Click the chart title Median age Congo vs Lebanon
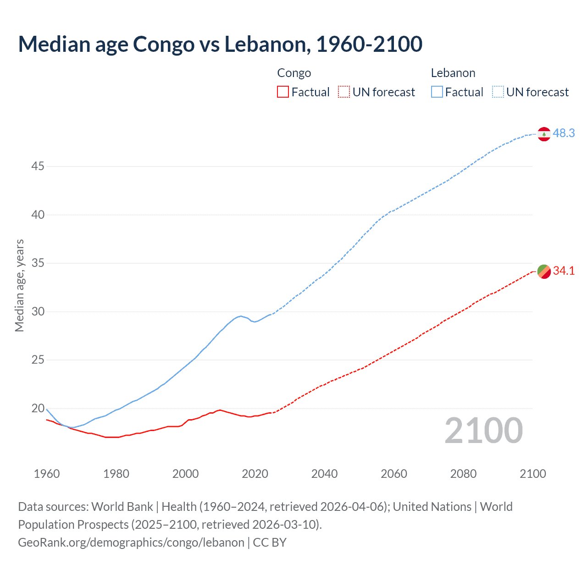click(220, 44)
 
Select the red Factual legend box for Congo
click(283, 92)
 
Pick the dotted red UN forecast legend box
click(344, 92)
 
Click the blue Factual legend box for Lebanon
click(437, 92)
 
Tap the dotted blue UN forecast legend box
click(498, 92)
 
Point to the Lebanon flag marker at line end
click(544, 134)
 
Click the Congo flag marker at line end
click(544, 271)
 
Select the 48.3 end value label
click(564, 133)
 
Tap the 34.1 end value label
click(564, 271)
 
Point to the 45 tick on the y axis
click(38, 166)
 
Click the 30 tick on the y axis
click(38, 311)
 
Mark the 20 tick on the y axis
click(38, 408)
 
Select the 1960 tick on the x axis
click(47, 474)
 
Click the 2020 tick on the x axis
click(255, 474)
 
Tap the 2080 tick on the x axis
click(463, 474)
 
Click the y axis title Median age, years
click(19, 285)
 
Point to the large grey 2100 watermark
click(484, 430)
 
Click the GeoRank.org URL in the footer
click(131, 543)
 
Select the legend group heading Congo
click(294, 73)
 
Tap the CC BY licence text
click(270, 543)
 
